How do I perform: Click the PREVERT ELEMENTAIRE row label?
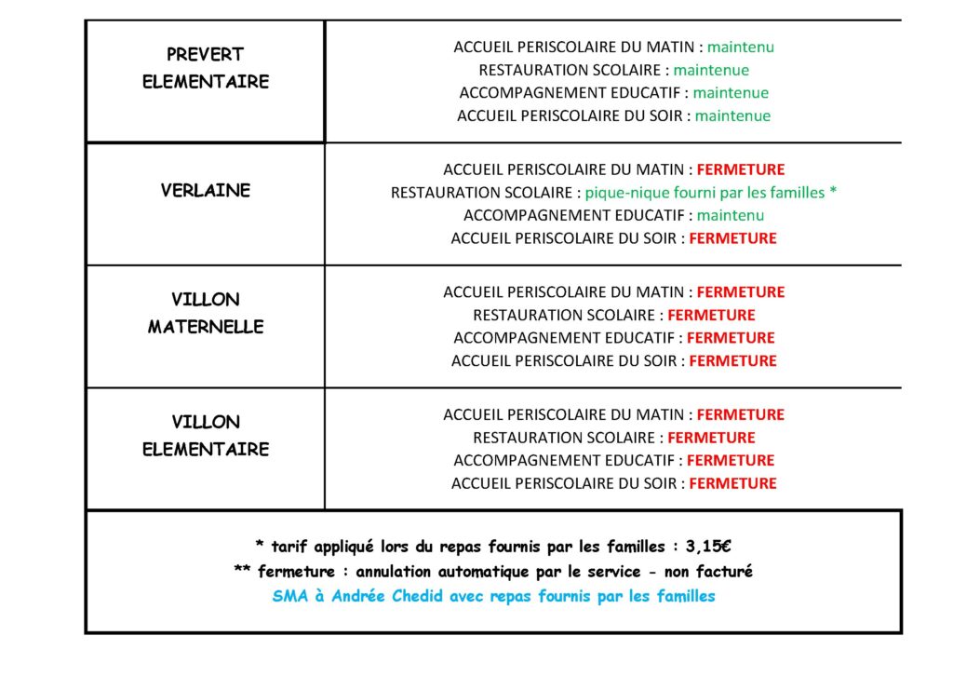click(x=205, y=68)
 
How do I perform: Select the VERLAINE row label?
click(x=205, y=191)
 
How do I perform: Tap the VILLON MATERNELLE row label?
click(x=205, y=313)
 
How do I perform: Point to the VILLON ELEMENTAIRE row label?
click(x=205, y=435)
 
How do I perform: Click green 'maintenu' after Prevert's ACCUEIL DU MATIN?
click(x=741, y=47)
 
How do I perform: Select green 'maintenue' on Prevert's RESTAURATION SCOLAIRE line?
click(x=711, y=70)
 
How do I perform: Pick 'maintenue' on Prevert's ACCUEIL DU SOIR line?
click(x=732, y=116)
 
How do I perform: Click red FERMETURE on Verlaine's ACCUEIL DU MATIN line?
click(x=741, y=169)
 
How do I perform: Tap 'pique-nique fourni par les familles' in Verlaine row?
click(x=705, y=193)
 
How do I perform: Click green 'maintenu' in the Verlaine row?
click(x=731, y=215)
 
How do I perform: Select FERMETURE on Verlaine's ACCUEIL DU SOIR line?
click(x=732, y=238)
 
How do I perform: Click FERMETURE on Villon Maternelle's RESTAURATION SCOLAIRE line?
click(x=711, y=315)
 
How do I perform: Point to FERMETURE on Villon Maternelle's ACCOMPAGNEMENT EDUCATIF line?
click(x=731, y=338)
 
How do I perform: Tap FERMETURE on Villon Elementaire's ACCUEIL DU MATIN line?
click(x=741, y=414)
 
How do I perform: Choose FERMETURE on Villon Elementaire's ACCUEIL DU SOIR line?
click(x=732, y=483)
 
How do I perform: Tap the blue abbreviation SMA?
click(x=289, y=596)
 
